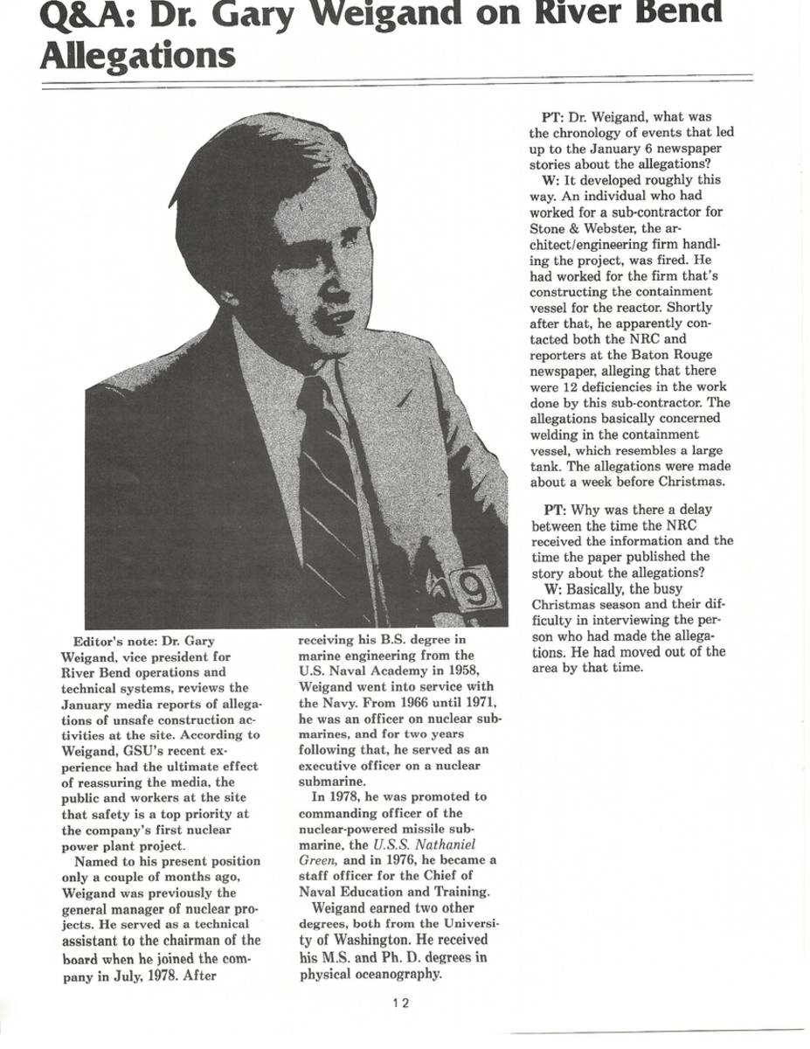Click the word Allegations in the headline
pos(138,56)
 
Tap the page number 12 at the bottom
pos(401,1003)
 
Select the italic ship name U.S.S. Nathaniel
pos(424,845)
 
